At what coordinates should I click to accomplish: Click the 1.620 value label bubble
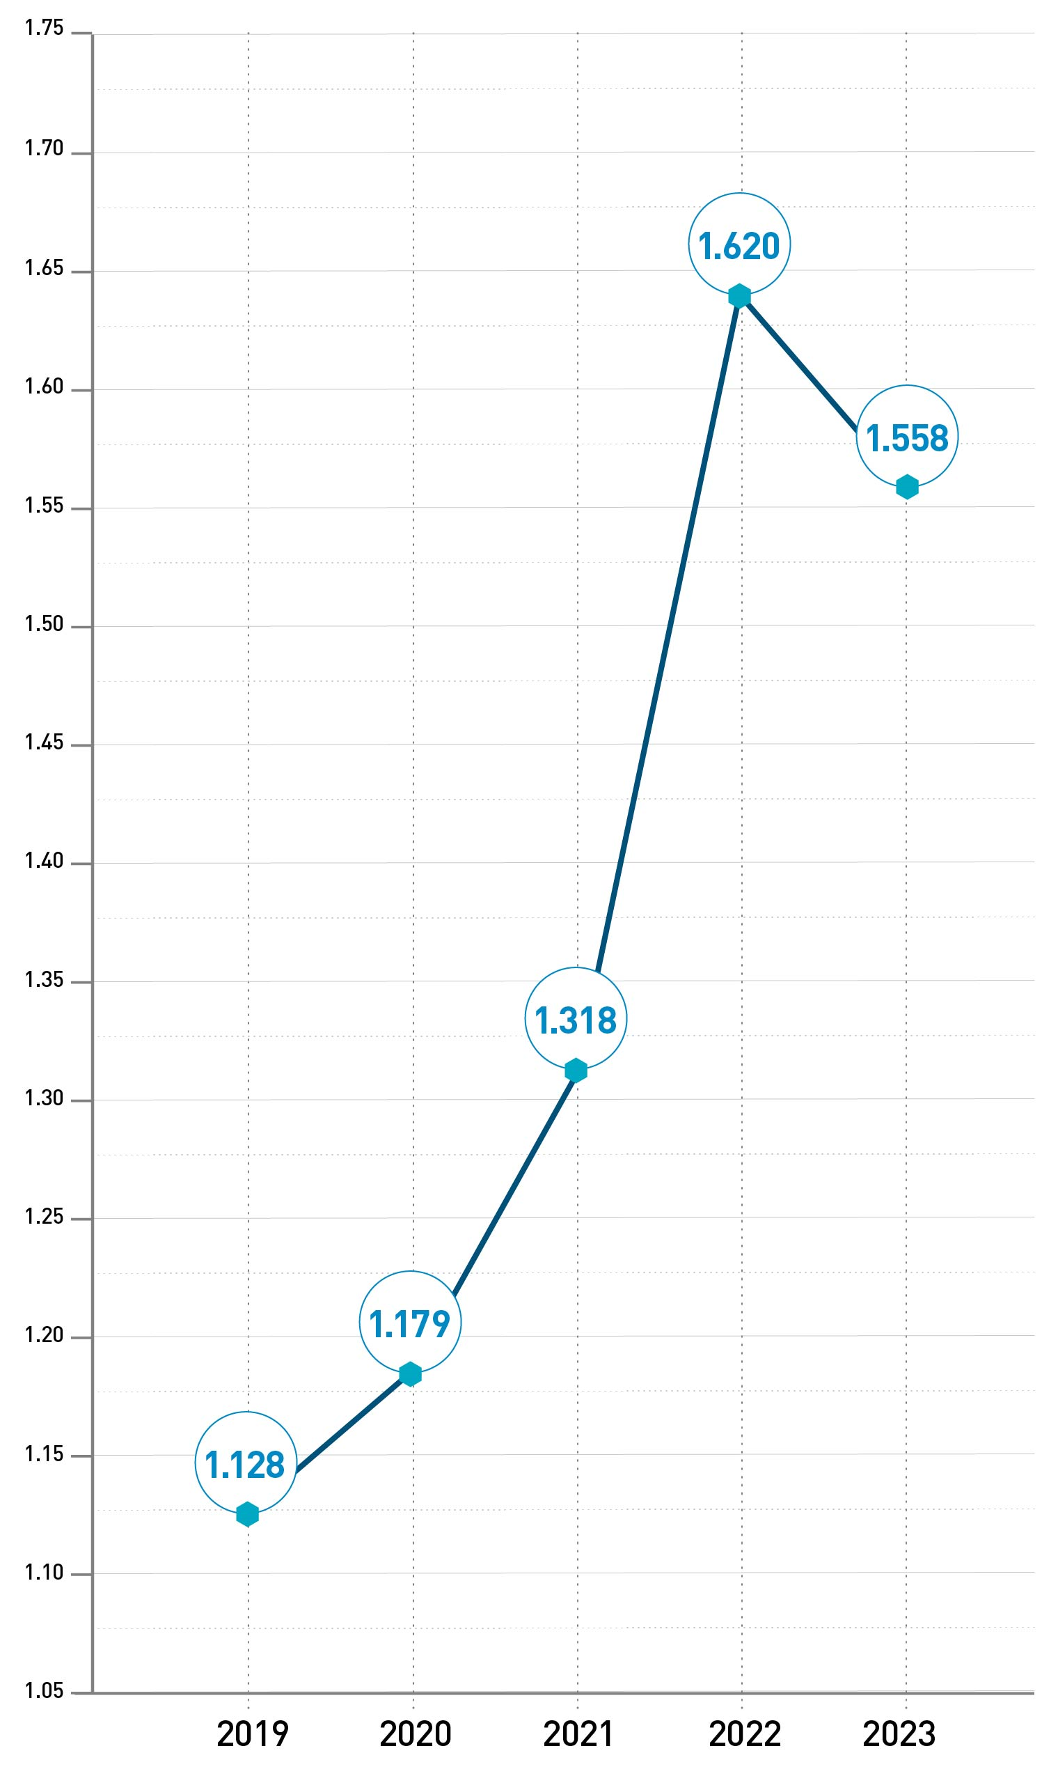(739, 244)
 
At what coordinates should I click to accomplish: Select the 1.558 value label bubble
(907, 437)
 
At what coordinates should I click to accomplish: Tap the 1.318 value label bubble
(576, 1018)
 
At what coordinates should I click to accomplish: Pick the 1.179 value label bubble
(410, 1323)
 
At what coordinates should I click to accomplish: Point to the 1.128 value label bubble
(245, 1462)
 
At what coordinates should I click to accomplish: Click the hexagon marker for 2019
(247, 1513)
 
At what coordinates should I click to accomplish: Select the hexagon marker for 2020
(410, 1373)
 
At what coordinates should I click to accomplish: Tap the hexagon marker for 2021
(576, 1070)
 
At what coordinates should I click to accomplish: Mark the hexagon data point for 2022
(739, 295)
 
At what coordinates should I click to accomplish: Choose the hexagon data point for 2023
(907, 487)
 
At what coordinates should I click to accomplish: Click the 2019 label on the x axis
(253, 1734)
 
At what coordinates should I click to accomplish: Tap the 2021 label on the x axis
(578, 1734)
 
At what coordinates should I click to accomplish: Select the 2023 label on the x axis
(899, 1734)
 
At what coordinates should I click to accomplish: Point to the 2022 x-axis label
(745, 1734)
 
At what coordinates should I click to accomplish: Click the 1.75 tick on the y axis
(45, 28)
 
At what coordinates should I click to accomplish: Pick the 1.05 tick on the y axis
(45, 1691)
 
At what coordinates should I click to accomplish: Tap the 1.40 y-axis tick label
(45, 861)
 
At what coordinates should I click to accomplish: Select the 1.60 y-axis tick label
(45, 387)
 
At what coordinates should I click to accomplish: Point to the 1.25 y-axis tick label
(45, 1216)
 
